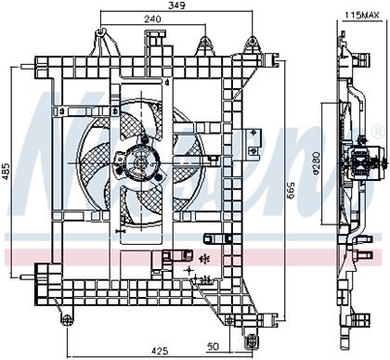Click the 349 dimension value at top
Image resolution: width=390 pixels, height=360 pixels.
177,6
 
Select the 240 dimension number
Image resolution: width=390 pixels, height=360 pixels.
152,19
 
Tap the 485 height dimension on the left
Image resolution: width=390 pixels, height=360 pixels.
7,172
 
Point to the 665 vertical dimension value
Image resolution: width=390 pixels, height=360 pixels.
291,191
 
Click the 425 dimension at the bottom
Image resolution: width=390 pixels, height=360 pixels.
160,351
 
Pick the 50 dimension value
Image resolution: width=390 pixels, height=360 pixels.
213,346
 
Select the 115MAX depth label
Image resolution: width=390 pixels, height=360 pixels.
362,16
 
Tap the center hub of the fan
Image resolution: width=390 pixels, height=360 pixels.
141,162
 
